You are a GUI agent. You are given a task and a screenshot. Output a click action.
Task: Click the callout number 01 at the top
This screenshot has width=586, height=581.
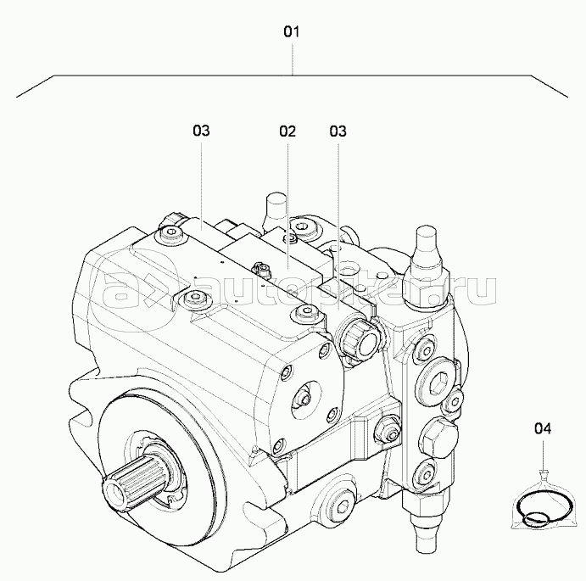[x=292, y=32]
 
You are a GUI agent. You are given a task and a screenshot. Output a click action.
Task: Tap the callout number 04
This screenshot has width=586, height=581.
[x=543, y=428]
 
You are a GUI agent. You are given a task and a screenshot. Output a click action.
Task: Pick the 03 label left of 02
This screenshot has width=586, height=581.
[x=201, y=131]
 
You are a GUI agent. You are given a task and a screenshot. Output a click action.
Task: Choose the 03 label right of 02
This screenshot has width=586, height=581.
[x=338, y=131]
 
